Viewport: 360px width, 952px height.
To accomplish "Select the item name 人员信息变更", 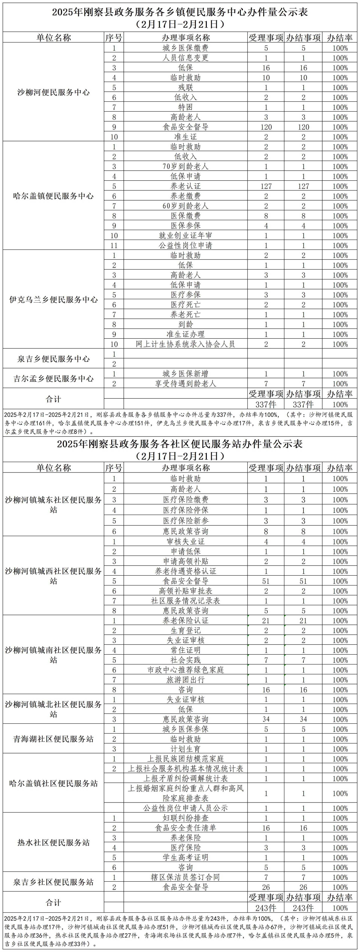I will coord(186,58).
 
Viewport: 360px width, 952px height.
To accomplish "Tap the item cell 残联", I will coord(186,87).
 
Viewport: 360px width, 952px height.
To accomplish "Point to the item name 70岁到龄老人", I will coord(186,166).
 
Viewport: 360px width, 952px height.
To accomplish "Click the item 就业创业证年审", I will coord(186,235).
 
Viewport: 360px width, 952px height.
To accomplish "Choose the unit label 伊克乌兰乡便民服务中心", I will coord(54,300).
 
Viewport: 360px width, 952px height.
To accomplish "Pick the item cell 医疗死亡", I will coord(186,305).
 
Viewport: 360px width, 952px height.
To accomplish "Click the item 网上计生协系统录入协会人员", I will coord(186,344).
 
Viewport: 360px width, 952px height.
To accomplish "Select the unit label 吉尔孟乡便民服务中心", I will coord(54,378).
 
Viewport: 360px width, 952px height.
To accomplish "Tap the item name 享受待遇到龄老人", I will coord(186,384).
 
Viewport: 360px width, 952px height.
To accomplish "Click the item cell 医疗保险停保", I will coord(186,510).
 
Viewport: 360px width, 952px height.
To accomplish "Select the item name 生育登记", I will coord(186,630).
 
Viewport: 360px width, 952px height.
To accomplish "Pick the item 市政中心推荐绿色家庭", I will coord(186,670).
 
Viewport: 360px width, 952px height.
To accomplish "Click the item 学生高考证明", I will coord(186,857).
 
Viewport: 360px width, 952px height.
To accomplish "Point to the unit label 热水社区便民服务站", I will coord(54,843).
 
